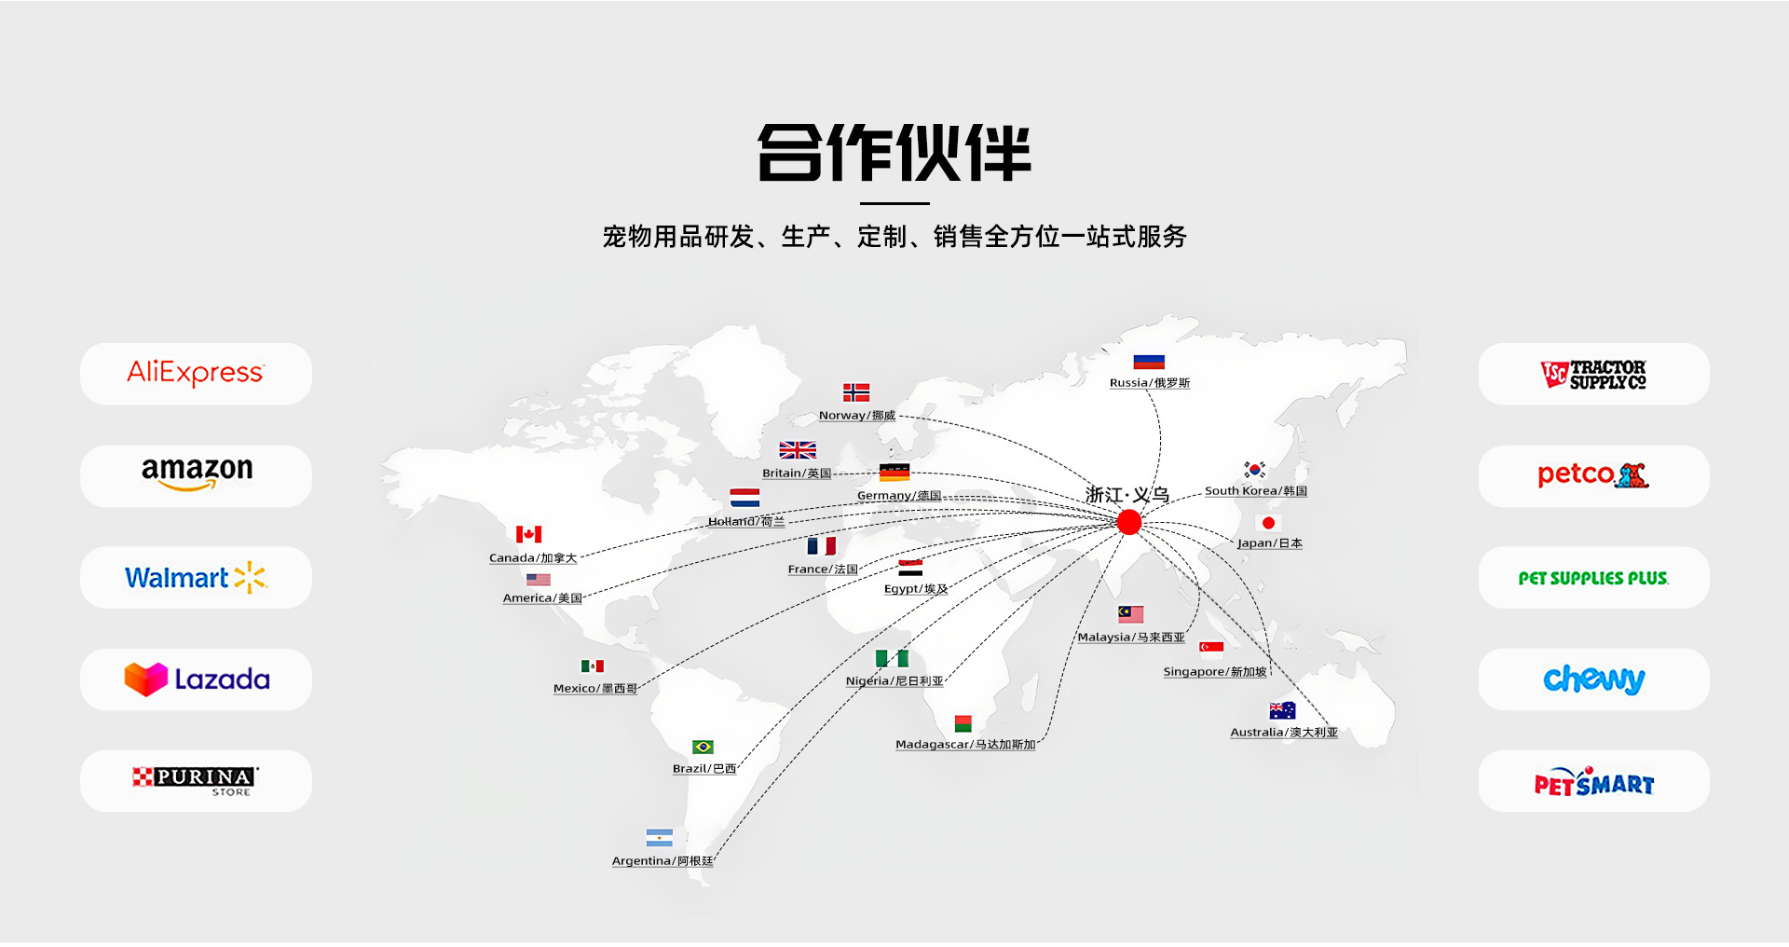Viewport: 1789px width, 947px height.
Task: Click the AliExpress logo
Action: pos(196,373)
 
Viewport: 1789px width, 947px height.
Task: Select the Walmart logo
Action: pos(196,578)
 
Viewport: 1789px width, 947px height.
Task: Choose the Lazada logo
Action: pos(197,679)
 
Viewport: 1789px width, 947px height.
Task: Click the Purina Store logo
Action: pos(196,781)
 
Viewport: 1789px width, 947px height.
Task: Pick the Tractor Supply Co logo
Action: pos(1593,374)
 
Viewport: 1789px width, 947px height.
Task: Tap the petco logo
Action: pos(1593,475)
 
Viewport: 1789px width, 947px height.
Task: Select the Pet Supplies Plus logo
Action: pos(1593,578)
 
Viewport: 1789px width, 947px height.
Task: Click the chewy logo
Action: pos(1593,679)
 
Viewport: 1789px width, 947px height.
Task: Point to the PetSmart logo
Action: pos(1593,783)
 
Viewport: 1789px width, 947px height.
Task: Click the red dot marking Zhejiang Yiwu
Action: pos(1129,522)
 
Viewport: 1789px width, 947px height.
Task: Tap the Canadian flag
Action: pos(528,534)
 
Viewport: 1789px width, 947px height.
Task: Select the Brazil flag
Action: pos(703,748)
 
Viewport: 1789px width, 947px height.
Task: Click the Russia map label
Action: pos(1150,383)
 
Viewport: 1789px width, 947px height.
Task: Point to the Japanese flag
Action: pos(1268,523)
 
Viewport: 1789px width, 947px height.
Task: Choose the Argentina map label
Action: pos(662,861)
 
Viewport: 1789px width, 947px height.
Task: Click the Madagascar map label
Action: pos(965,745)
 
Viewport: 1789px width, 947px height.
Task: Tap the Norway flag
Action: pos(856,392)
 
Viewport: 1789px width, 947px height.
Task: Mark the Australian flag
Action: pos(1282,710)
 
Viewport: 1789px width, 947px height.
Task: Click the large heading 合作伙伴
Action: pos(894,153)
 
